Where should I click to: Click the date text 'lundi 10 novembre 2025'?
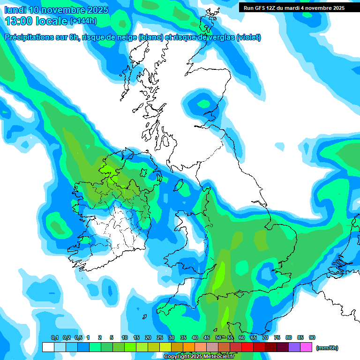[56, 10]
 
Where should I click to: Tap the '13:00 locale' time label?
[36, 21]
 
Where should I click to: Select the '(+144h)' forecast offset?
[83, 21]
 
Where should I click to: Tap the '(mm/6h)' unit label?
[327, 348]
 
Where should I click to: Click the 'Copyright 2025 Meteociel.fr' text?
[199, 356]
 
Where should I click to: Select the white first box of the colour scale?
[48, 347]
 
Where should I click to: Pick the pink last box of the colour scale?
[306, 347]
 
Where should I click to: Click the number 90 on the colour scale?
[312, 337]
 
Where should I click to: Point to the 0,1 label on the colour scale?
[54, 337]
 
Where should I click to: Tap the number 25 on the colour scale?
[160, 337]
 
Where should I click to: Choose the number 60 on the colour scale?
[242, 337]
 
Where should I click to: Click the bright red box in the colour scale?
[247, 347]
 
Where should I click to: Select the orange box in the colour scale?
[189, 347]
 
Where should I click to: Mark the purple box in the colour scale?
[294, 347]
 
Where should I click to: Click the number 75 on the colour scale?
[277, 337]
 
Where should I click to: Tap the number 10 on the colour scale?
[125, 337]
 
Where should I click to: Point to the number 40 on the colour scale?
[195, 337]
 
